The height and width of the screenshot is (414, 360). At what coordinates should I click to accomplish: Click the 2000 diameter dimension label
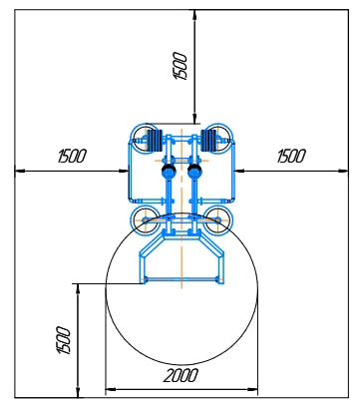coord(180,376)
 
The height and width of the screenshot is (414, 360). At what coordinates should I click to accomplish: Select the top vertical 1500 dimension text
coord(180,66)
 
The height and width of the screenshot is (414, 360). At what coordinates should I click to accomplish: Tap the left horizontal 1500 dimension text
coord(72,156)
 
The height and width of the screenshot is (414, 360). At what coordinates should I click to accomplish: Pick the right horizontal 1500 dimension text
coord(291,156)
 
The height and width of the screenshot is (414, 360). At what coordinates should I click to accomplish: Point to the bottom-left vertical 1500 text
coord(64,340)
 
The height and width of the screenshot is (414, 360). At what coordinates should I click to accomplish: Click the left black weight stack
coord(155,140)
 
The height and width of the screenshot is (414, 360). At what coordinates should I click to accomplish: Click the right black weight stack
coord(208,140)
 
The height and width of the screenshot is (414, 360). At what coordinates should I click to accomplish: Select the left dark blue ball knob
coord(169,172)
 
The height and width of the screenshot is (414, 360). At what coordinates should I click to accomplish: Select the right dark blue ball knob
coord(194,172)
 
